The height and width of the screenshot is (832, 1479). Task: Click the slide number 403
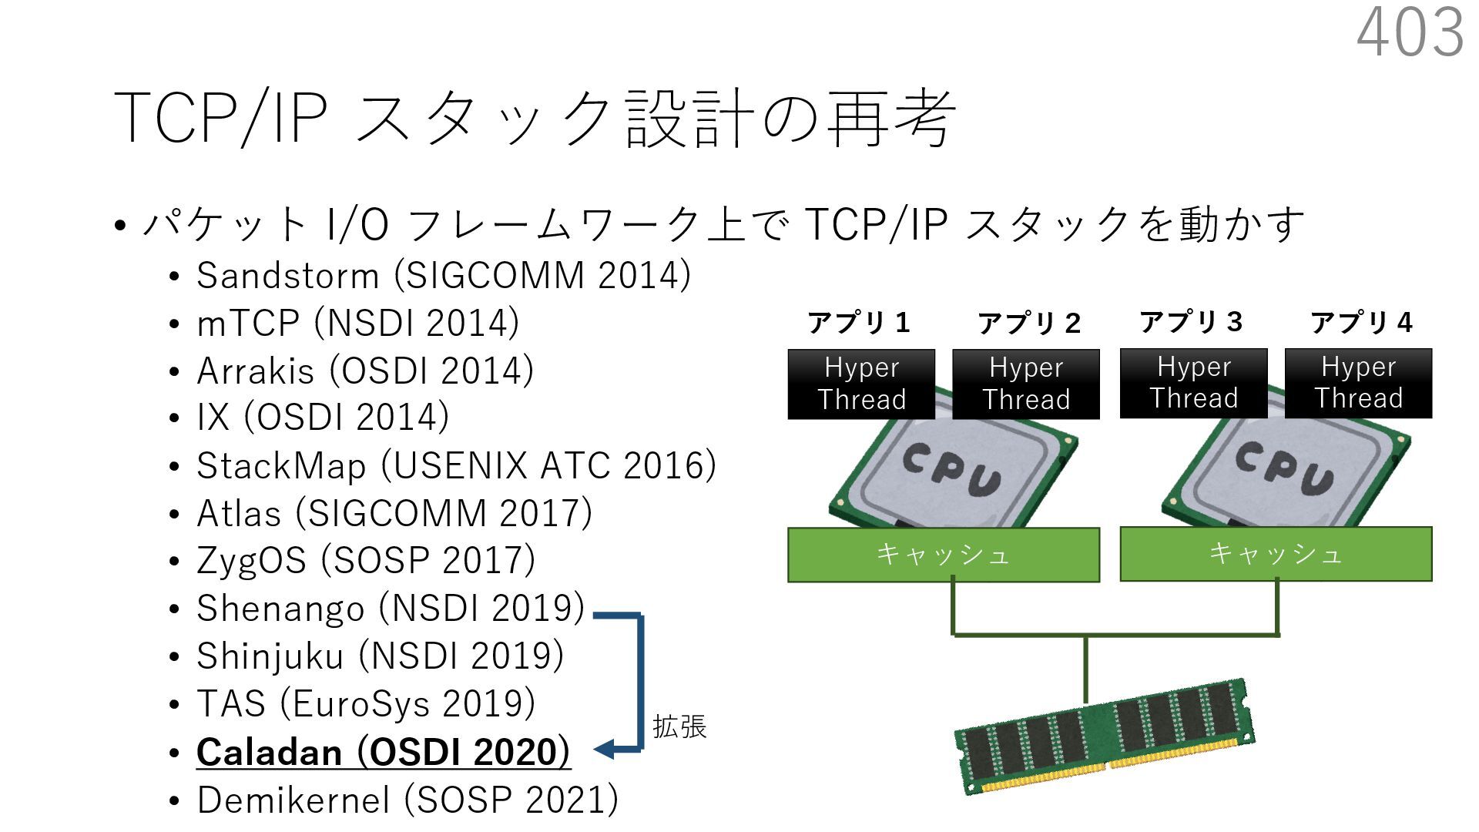[x=1410, y=32]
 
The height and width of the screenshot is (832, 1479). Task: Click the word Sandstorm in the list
[x=287, y=276]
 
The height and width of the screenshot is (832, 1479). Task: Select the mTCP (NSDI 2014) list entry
[x=357, y=324]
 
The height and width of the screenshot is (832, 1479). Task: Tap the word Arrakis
[x=255, y=371]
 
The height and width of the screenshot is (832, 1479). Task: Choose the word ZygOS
[x=251, y=561]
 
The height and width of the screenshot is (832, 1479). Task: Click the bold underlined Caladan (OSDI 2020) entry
[x=383, y=753]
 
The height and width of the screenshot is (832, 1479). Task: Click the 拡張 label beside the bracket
[x=679, y=726]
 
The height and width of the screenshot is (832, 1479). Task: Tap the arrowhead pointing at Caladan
[x=605, y=748]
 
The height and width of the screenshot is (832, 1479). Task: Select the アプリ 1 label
[x=859, y=323]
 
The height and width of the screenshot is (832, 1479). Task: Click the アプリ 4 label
[x=1361, y=323]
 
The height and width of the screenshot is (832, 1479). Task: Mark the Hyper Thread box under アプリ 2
[x=1026, y=384]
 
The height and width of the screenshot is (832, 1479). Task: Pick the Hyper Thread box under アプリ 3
[x=1193, y=384]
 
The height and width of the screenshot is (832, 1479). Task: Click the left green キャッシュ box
[x=944, y=555]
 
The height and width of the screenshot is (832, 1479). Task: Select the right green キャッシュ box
[x=1276, y=554]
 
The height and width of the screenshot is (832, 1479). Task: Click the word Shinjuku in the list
[x=270, y=656]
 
